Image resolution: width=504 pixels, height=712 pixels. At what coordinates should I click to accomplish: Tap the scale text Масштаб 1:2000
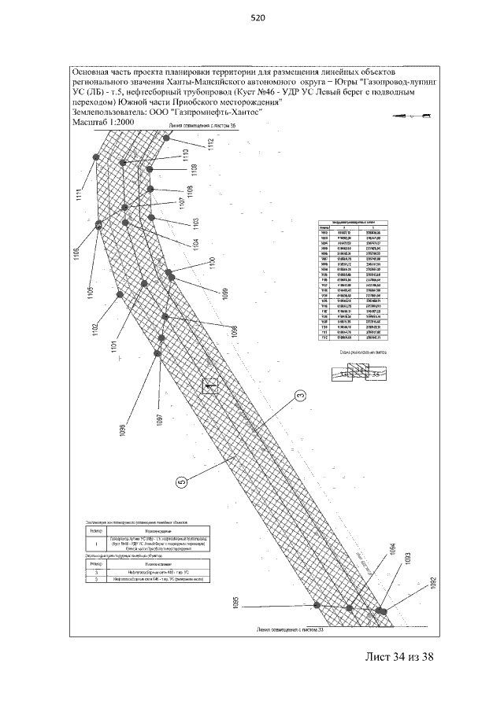click(x=103, y=124)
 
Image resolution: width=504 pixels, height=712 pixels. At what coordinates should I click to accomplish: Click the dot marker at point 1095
click(x=317, y=605)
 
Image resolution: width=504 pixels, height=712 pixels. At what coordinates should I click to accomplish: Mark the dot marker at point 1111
click(x=95, y=157)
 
